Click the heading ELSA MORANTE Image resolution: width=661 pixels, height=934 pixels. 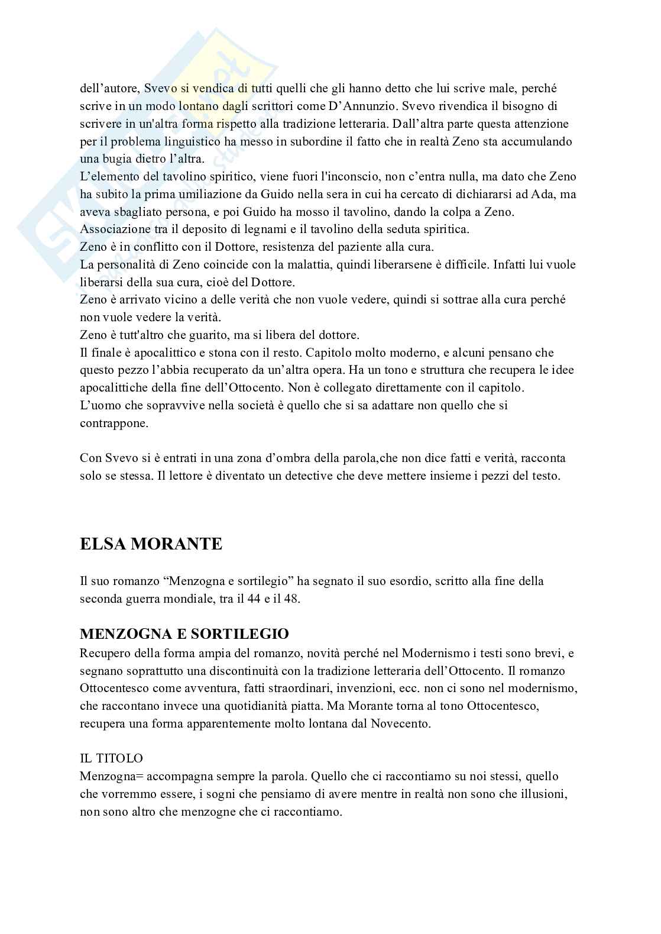point(151,544)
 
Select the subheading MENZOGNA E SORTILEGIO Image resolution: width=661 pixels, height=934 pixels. point(184,634)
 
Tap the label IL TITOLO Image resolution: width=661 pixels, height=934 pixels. point(111,758)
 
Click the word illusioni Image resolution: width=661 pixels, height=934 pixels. point(539,794)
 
